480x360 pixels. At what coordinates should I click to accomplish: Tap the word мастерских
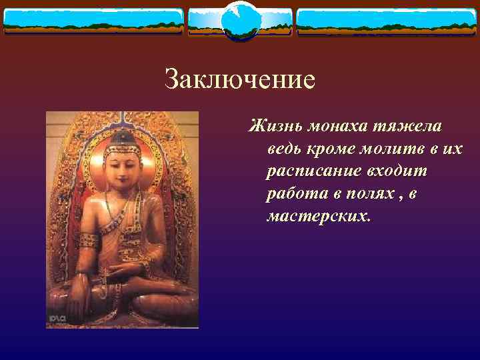click(316, 216)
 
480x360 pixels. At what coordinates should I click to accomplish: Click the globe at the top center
click(239, 21)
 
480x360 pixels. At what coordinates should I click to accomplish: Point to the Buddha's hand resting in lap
click(124, 270)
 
